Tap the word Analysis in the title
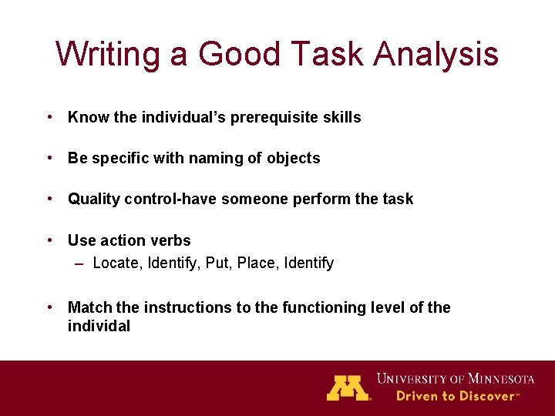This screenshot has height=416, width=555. coord(437,55)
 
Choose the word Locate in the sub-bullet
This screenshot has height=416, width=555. coord(116,263)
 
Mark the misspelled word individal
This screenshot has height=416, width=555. coord(99,327)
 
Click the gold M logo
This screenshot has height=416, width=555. coord(348,387)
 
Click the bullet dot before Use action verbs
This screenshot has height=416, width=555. coord(49,240)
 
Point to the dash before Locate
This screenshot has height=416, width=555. coord(79,263)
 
